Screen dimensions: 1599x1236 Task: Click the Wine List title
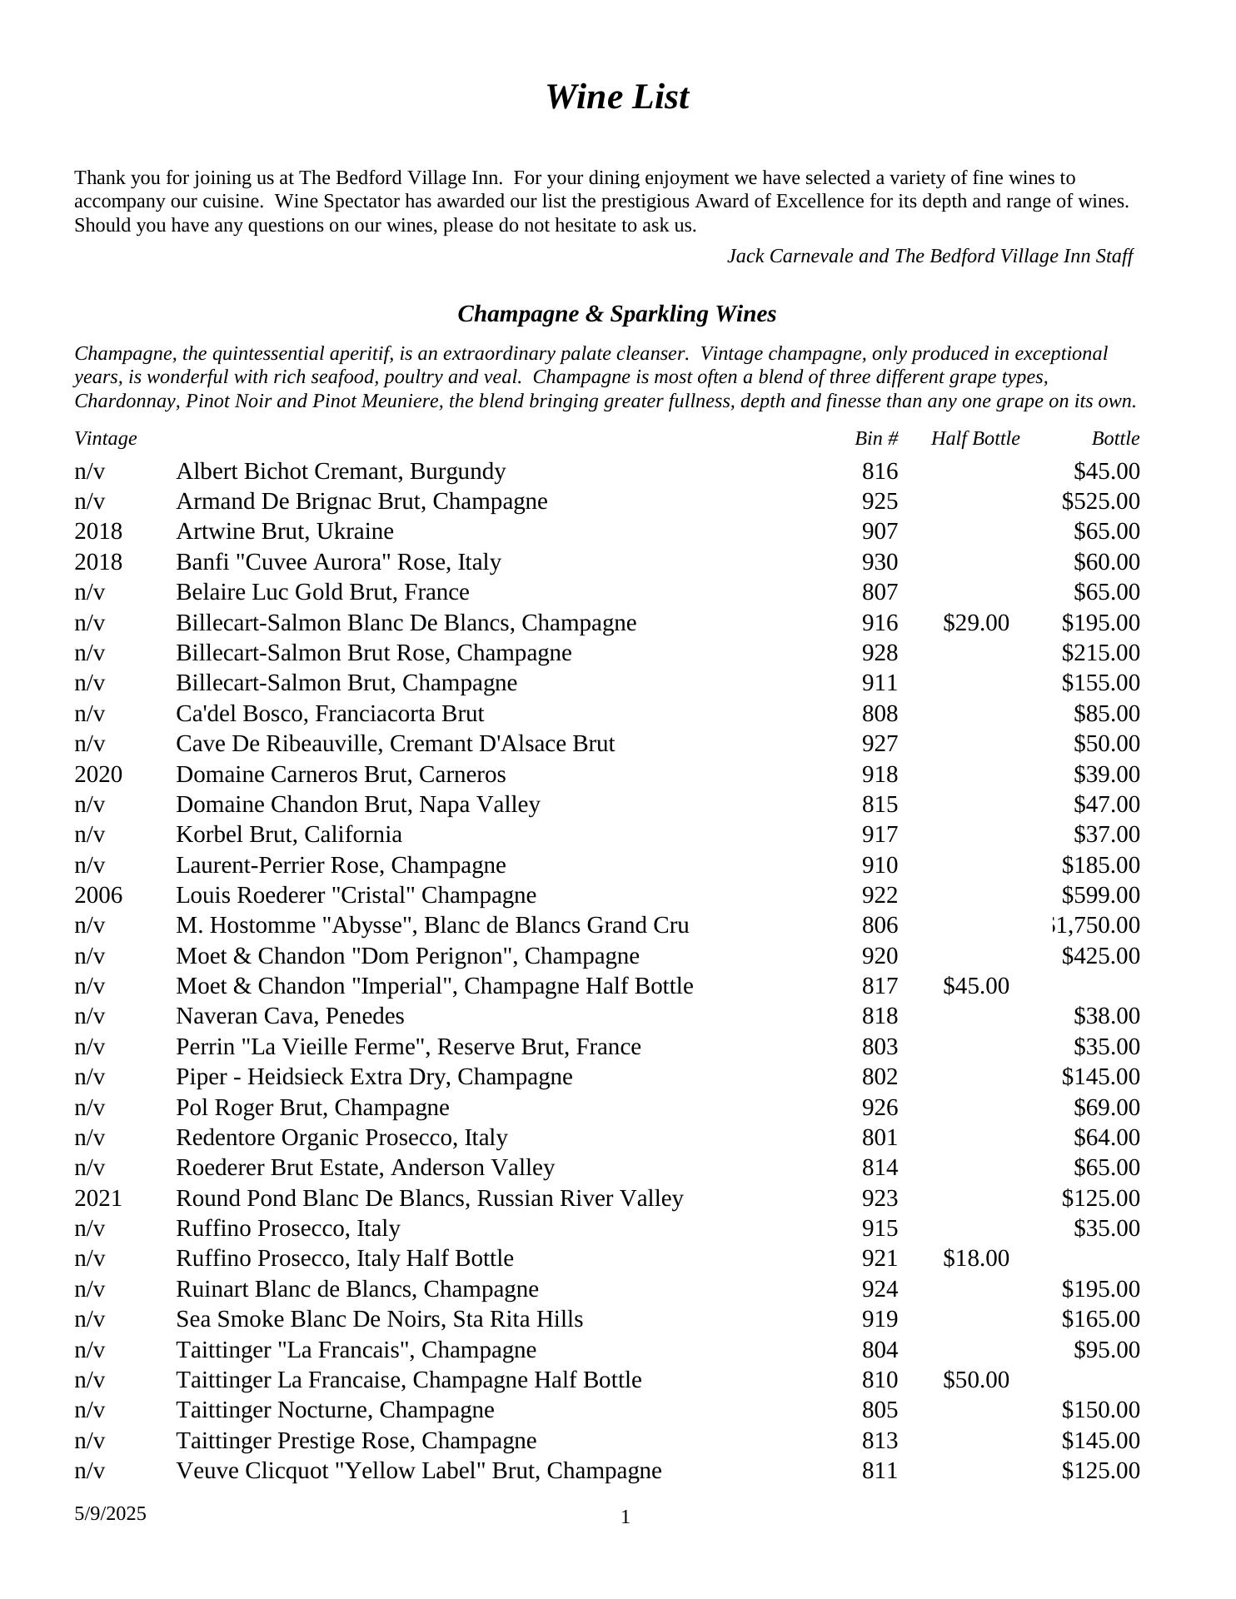[x=617, y=97]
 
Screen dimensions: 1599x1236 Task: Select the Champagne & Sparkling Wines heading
[x=616, y=314]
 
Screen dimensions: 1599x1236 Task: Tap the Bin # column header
[x=876, y=439]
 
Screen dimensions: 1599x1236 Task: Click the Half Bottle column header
[x=974, y=439]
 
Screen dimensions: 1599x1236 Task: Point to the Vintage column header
[x=106, y=439]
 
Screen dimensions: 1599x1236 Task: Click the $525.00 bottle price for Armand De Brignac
[x=1100, y=501]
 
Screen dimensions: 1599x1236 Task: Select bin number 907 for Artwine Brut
[x=880, y=531]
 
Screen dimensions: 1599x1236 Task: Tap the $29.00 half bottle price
[x=975, y=623]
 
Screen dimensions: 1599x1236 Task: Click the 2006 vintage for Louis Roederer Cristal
[x=98, y=895]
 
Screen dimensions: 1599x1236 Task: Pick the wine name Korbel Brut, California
[x=289, y=834]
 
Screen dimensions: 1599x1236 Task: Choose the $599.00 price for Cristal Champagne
[x=1100, y=895]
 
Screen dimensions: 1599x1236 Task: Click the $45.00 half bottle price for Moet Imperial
[x=975, y=986]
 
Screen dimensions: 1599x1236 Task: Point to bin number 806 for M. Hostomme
[x=880, y=925]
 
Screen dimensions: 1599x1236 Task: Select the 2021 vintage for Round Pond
[x=98, y=1198]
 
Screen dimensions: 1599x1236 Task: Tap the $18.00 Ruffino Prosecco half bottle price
[x=975, y=1258]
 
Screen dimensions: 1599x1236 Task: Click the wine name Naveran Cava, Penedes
[x=290, y=1016]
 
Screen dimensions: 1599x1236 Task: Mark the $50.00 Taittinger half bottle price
[x=975, y=1380]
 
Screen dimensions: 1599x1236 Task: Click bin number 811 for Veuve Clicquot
[x=880, y=1471]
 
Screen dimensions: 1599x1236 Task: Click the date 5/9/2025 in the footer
[x=110, y=1513]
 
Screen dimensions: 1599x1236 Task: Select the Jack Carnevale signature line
[x=929, y=257]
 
